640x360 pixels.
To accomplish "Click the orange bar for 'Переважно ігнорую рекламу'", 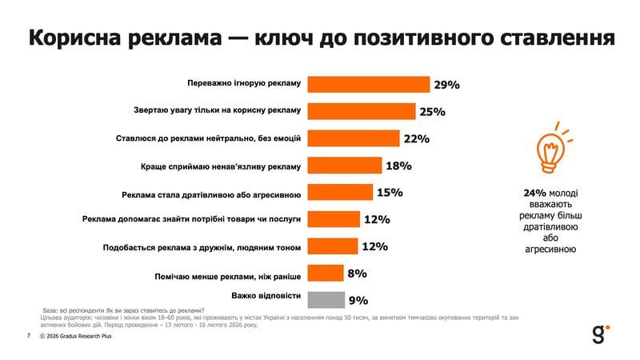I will click(369, 84).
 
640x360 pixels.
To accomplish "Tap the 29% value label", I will click(446, 84).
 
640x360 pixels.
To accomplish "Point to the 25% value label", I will click(432, 111).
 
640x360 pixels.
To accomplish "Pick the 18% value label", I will click(398, 166).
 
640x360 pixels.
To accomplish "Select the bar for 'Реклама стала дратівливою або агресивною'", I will click(341, 193).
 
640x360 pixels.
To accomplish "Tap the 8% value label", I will click(357, 274).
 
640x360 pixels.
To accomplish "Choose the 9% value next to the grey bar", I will click(357, 301).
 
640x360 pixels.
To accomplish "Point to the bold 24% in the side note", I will click(534, 193).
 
